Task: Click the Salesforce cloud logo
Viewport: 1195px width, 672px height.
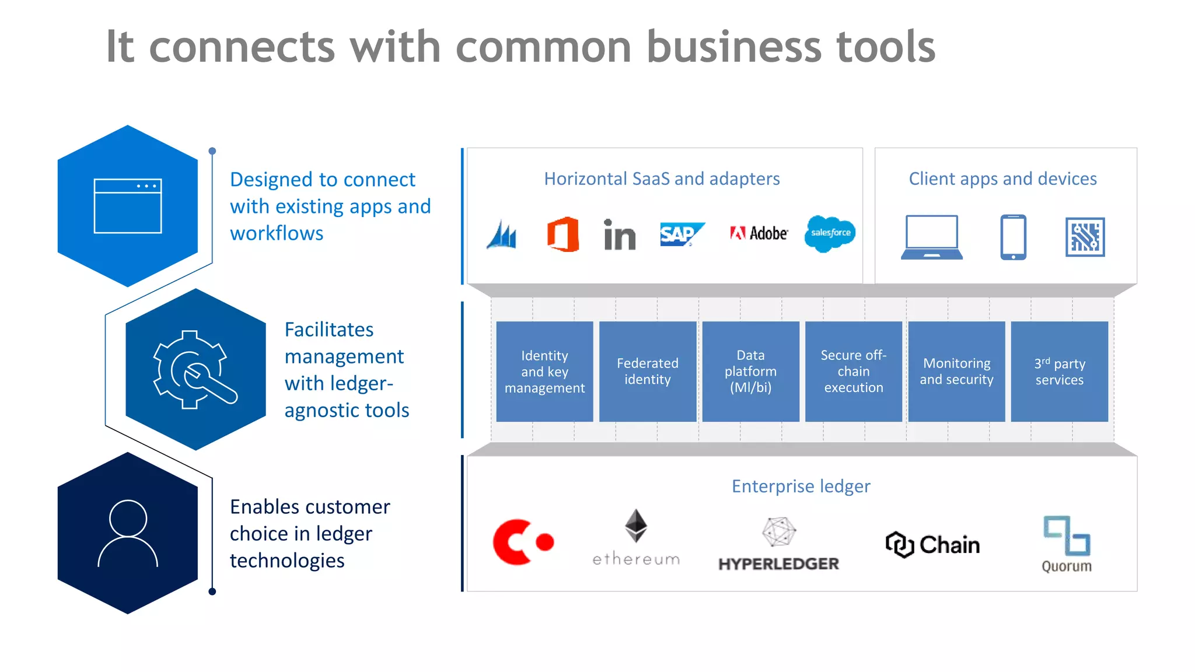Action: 830,233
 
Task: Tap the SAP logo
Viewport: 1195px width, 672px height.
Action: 682,235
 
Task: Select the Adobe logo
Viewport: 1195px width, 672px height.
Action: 759,233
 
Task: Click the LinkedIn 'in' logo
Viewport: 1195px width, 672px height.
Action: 619,236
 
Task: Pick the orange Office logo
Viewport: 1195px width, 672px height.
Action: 563,235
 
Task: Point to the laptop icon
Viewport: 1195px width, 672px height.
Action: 931,237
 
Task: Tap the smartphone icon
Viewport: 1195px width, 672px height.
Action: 1013,237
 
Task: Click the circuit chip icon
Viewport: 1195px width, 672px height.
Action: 1085,237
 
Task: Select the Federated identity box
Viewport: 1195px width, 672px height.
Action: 648,372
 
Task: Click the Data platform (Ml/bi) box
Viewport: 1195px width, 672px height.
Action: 750,372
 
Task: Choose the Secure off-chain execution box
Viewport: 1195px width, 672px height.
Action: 853,372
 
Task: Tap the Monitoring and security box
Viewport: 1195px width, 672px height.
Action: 956,372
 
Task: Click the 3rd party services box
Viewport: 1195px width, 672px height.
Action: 1059,372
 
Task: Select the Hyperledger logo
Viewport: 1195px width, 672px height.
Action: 778,544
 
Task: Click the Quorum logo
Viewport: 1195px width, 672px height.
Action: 1067,544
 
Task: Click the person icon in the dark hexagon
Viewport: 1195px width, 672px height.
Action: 128,533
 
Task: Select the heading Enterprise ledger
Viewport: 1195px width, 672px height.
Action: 801,486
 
